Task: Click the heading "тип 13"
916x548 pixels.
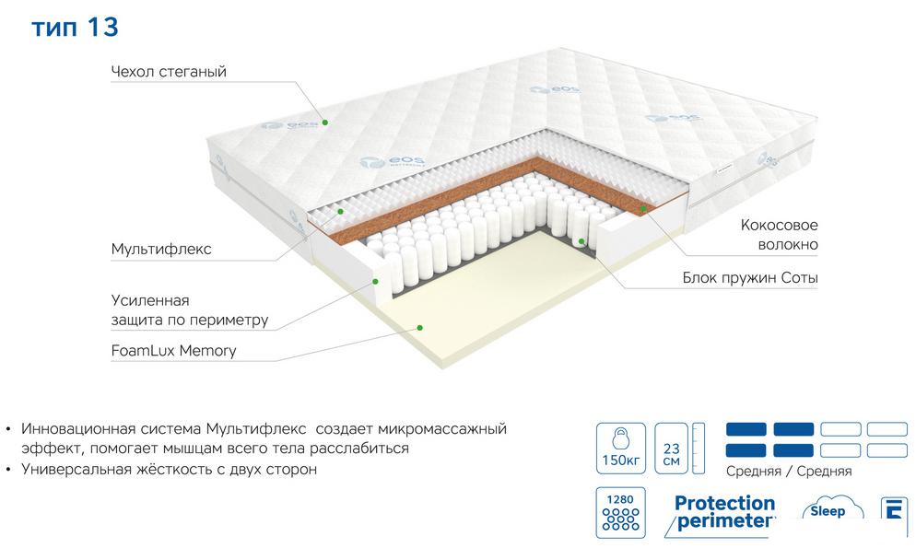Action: [75, 28]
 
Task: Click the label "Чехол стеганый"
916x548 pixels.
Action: [169, 72]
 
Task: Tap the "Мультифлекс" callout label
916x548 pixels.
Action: [161, 250]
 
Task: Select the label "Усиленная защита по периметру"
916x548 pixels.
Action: [190, 309]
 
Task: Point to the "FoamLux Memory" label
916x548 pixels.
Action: [173, 351]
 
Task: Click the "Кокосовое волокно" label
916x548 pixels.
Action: [779, 235]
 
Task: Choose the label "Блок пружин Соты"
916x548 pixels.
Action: [750, 278]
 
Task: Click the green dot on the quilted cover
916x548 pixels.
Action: [325, 122]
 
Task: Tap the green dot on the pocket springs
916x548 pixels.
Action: [581, 240]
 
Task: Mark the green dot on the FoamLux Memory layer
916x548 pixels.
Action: [419, 328]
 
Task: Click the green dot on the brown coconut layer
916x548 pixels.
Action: [643, 208]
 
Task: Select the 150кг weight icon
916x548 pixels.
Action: [621, 449]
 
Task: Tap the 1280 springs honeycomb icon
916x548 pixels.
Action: [621, 512]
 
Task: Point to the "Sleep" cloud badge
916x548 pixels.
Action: [829, 509]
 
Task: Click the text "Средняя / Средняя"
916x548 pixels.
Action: [789, 471]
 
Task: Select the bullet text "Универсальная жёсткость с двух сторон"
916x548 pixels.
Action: [169, 469]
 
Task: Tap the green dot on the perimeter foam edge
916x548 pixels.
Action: [376, 281]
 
